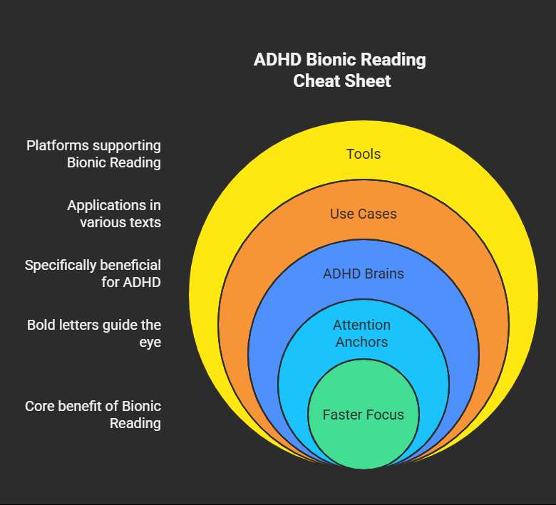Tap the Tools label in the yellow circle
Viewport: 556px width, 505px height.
pos(364,154)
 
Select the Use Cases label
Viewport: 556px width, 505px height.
pos(364,214)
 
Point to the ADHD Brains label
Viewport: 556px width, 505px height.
pos(364,274)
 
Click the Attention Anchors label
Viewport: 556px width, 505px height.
pos(362,333)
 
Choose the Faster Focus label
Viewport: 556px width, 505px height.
pos(364,415)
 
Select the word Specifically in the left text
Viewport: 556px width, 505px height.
pos(63,265)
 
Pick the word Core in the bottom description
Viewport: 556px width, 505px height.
pos(40,406)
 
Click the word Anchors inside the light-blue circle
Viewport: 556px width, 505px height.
pos(362,342)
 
